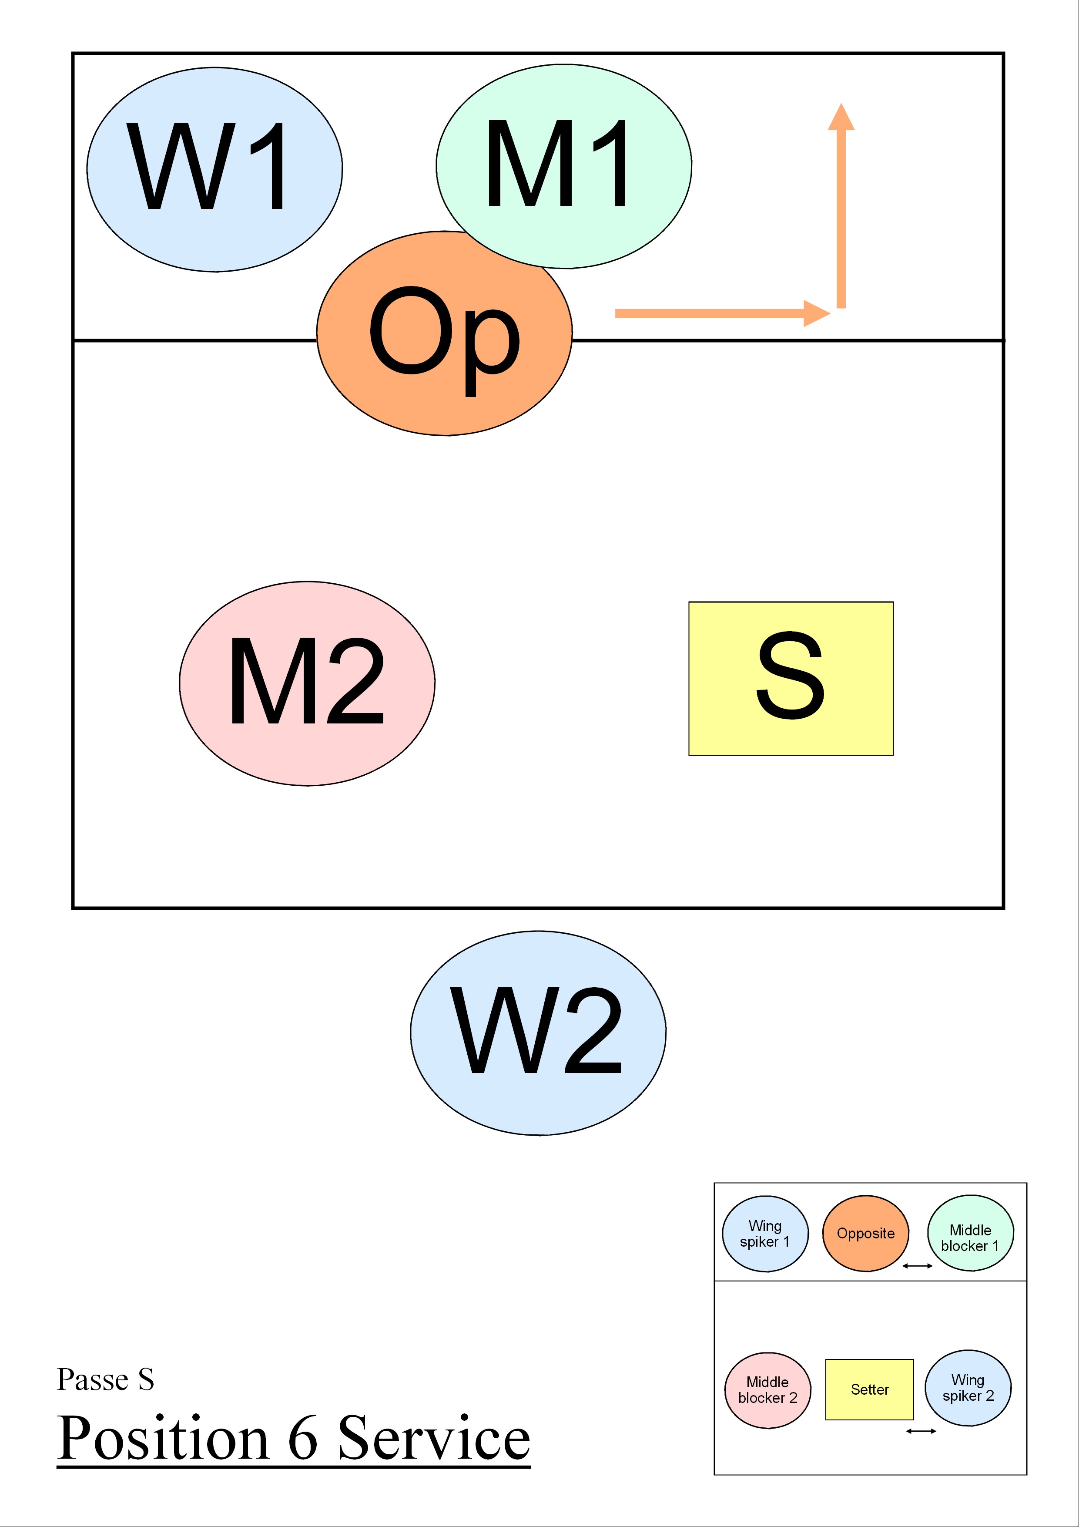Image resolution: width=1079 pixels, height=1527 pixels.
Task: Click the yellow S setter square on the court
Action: [791, 678]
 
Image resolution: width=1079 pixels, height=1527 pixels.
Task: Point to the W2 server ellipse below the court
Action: [538, 1033]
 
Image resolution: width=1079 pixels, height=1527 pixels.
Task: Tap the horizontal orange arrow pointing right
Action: [718, 313]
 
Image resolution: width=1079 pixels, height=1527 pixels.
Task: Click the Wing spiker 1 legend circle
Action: [765, 1234]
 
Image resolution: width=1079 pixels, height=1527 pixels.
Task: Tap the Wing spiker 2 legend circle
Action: [968, 1388]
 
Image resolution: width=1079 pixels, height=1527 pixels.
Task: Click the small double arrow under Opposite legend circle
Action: [918, 1266]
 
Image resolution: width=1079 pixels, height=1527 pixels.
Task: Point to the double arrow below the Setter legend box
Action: [921, 1430]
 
